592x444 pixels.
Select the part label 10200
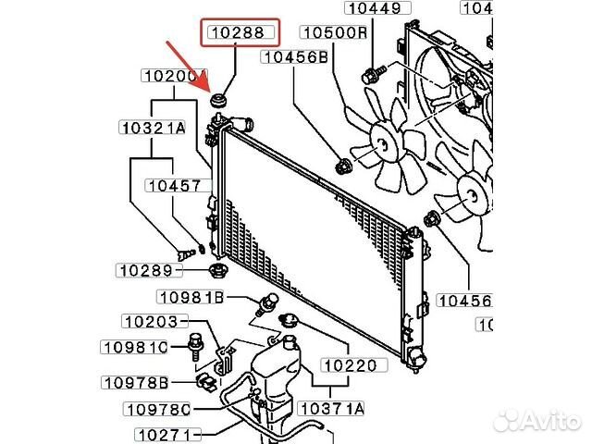coord(174,76)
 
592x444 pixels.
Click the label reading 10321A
coord(153,128)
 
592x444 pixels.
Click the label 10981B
coord(190,297)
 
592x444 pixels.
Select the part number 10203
coord(154,322)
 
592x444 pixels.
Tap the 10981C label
coord(135,348)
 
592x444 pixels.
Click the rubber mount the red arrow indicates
coord(221,99)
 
